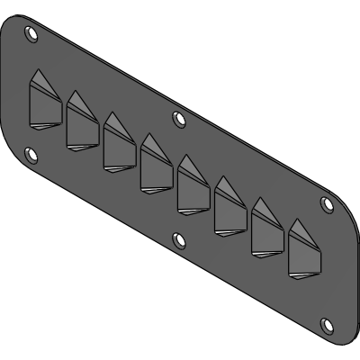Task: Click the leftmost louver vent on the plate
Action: pyautogui.click(x=42, y=100)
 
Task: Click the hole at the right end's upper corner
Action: pyautogui.click(x=327, y=202)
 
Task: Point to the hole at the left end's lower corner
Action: pyautogui.click(x=32, y=156)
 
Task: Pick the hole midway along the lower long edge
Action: pyautogui.click(x=179, y=238)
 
